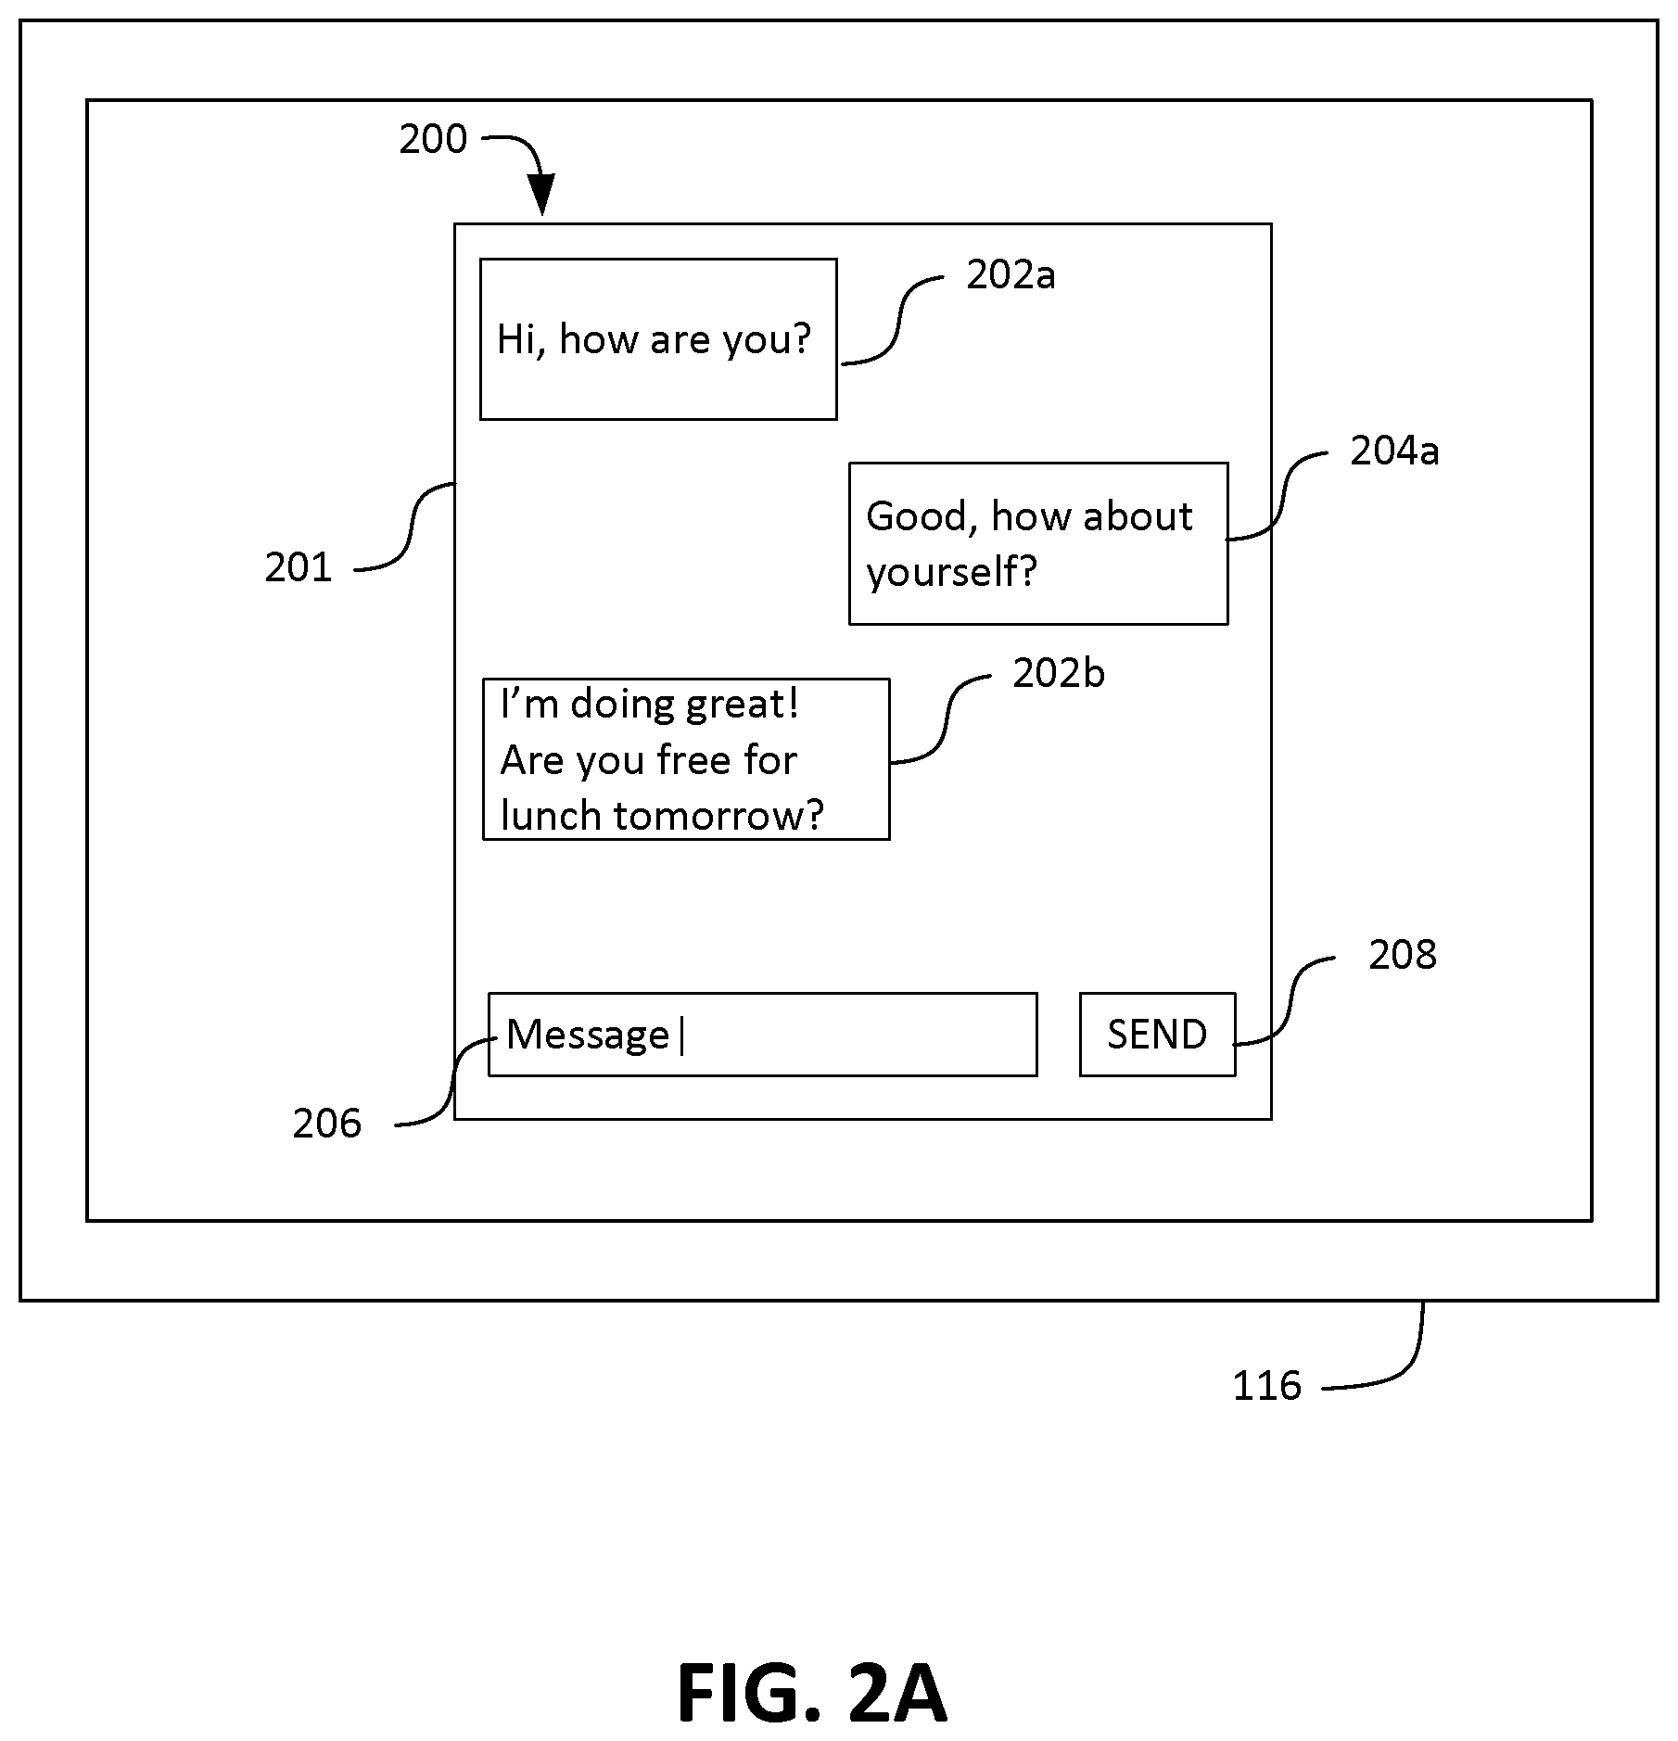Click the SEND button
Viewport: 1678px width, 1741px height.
coord(1157,1034)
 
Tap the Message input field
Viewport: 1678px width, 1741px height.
coord(762,1034)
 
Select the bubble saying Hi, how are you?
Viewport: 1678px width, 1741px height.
coord(658,339)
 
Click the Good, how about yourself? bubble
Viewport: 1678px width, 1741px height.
coord(1038,543)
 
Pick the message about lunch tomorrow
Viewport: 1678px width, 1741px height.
coord(686,759)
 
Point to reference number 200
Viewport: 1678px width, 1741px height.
coord(433,139)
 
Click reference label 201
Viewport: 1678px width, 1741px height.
coord(298,567)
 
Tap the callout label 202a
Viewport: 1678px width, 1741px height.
coord(1011,274)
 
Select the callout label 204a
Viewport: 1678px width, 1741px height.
coord(1394,451)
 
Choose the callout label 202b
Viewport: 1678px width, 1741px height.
coord(1059,673)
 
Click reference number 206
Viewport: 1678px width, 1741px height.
coord(326,1124)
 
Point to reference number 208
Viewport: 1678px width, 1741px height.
coord(1403,954)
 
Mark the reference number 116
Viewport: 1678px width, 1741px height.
coord(1266,1386)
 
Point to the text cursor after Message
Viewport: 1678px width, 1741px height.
coord(682,1035)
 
